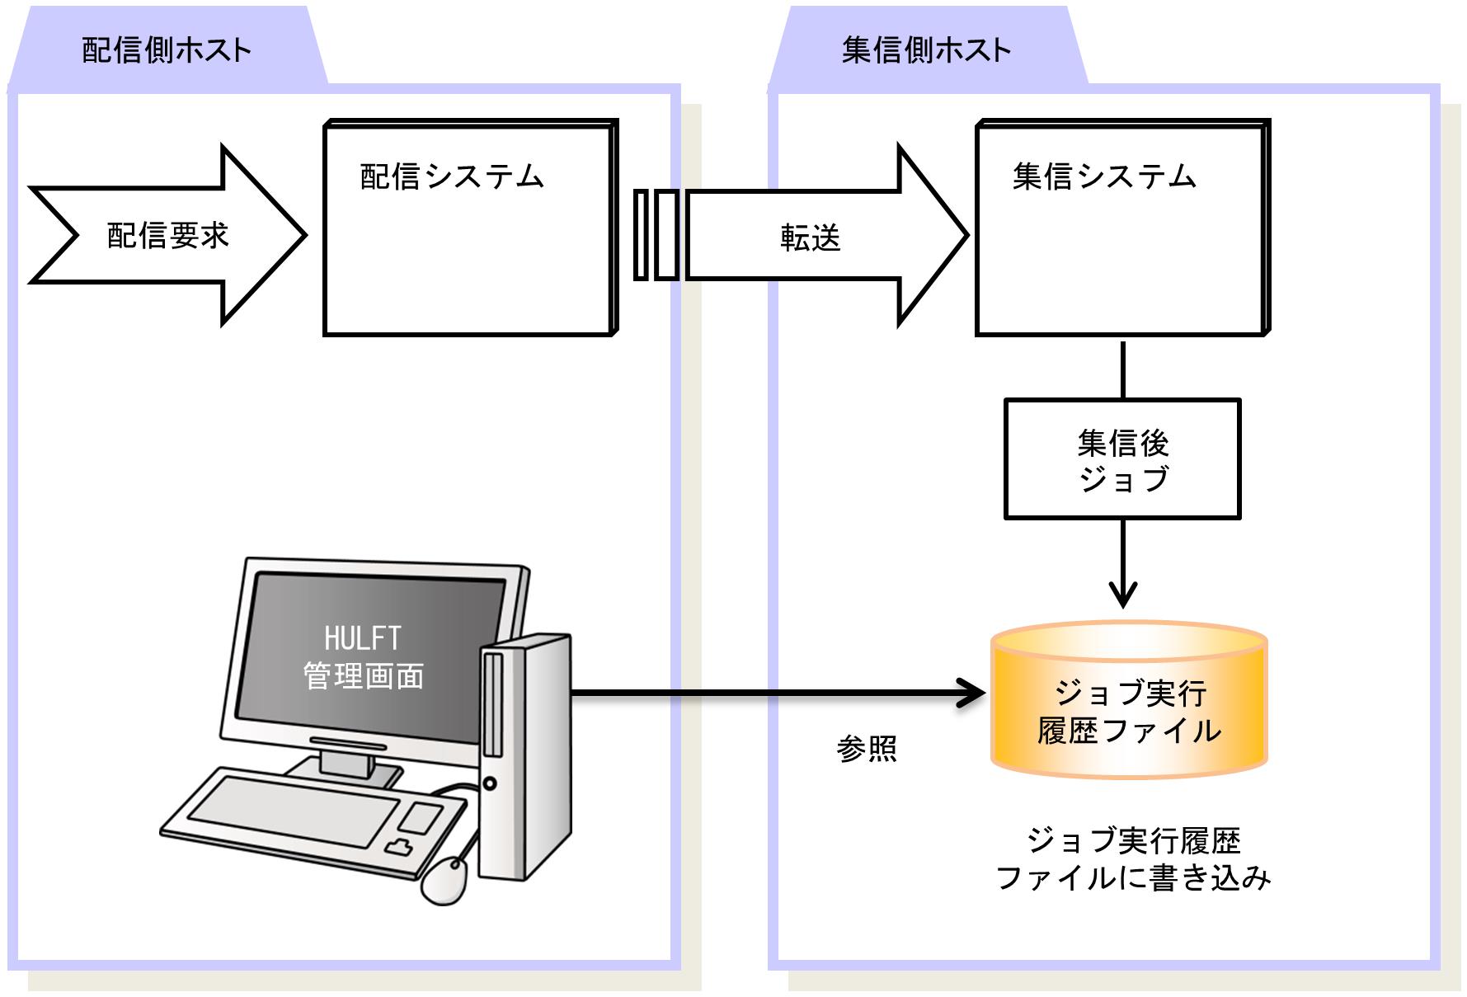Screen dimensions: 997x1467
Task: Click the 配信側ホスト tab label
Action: point(167,50)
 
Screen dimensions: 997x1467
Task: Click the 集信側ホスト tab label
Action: point(926,50)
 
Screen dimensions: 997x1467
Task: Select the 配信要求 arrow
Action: point(167,236)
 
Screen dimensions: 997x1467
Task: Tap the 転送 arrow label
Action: point(810,238)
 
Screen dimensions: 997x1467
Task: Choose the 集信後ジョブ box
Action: point(1122,459)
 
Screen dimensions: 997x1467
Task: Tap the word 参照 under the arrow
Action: point(866,749)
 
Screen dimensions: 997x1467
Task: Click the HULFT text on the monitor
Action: point(362,638)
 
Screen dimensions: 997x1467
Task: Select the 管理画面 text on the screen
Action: point(364,676)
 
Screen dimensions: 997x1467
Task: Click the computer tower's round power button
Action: point(490,783)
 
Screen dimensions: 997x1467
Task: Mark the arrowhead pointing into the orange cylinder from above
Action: point(1123,595)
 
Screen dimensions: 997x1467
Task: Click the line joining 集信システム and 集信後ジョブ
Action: point(1123,368)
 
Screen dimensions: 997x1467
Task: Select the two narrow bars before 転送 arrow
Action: point(656,236)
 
